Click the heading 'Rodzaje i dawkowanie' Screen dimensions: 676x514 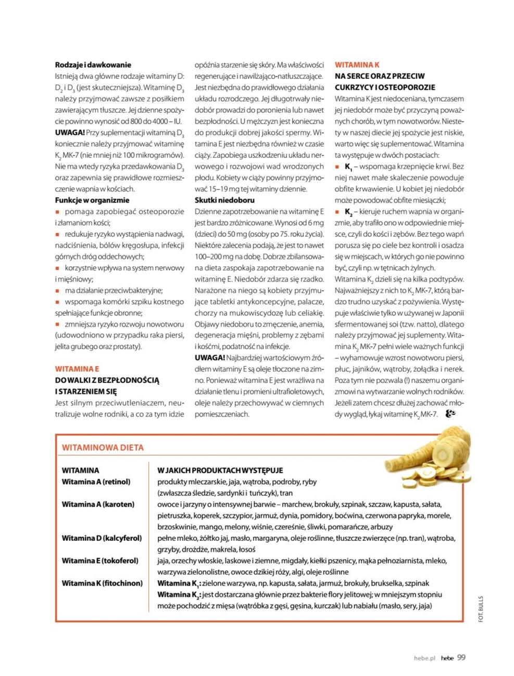pyautogui.click(x=93, y=65)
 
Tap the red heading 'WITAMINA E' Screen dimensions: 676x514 pyautogui.click(x=77, y=369)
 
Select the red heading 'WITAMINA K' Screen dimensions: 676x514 pyautogui.click(x=357, y=65)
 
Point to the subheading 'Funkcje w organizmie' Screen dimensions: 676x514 pyautogui.click(x=92, y=200)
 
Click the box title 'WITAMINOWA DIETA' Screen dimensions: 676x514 pyautogui.click(x=103, y=447)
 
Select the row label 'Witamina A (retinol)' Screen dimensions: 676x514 pyautogui.click(x=96, y=482)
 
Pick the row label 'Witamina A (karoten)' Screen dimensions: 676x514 pyautogui.click(x=98, y=504)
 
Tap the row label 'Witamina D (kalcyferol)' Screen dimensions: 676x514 pyautogui.click(x=102, y=538)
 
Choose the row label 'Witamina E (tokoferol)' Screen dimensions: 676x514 pyautogui.click(x=100, y=561)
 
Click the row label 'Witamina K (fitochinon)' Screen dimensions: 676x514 pyautogui.click(x=102, y=583)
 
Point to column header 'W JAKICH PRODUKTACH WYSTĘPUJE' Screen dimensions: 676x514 pyautogui.click(x=220, y=470)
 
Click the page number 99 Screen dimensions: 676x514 pyautogui.click(x=461, y=657)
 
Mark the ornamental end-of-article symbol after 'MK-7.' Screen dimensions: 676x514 pyautogui.click(x=450, y=414)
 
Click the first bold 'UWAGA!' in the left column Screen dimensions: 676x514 pyautogui.click(x=70, y=133)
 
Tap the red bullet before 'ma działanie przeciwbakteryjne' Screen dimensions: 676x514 pyautogui.click(x=58, y=291)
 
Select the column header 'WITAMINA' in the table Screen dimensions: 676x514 pyautogui.click(x=80, y=470)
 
